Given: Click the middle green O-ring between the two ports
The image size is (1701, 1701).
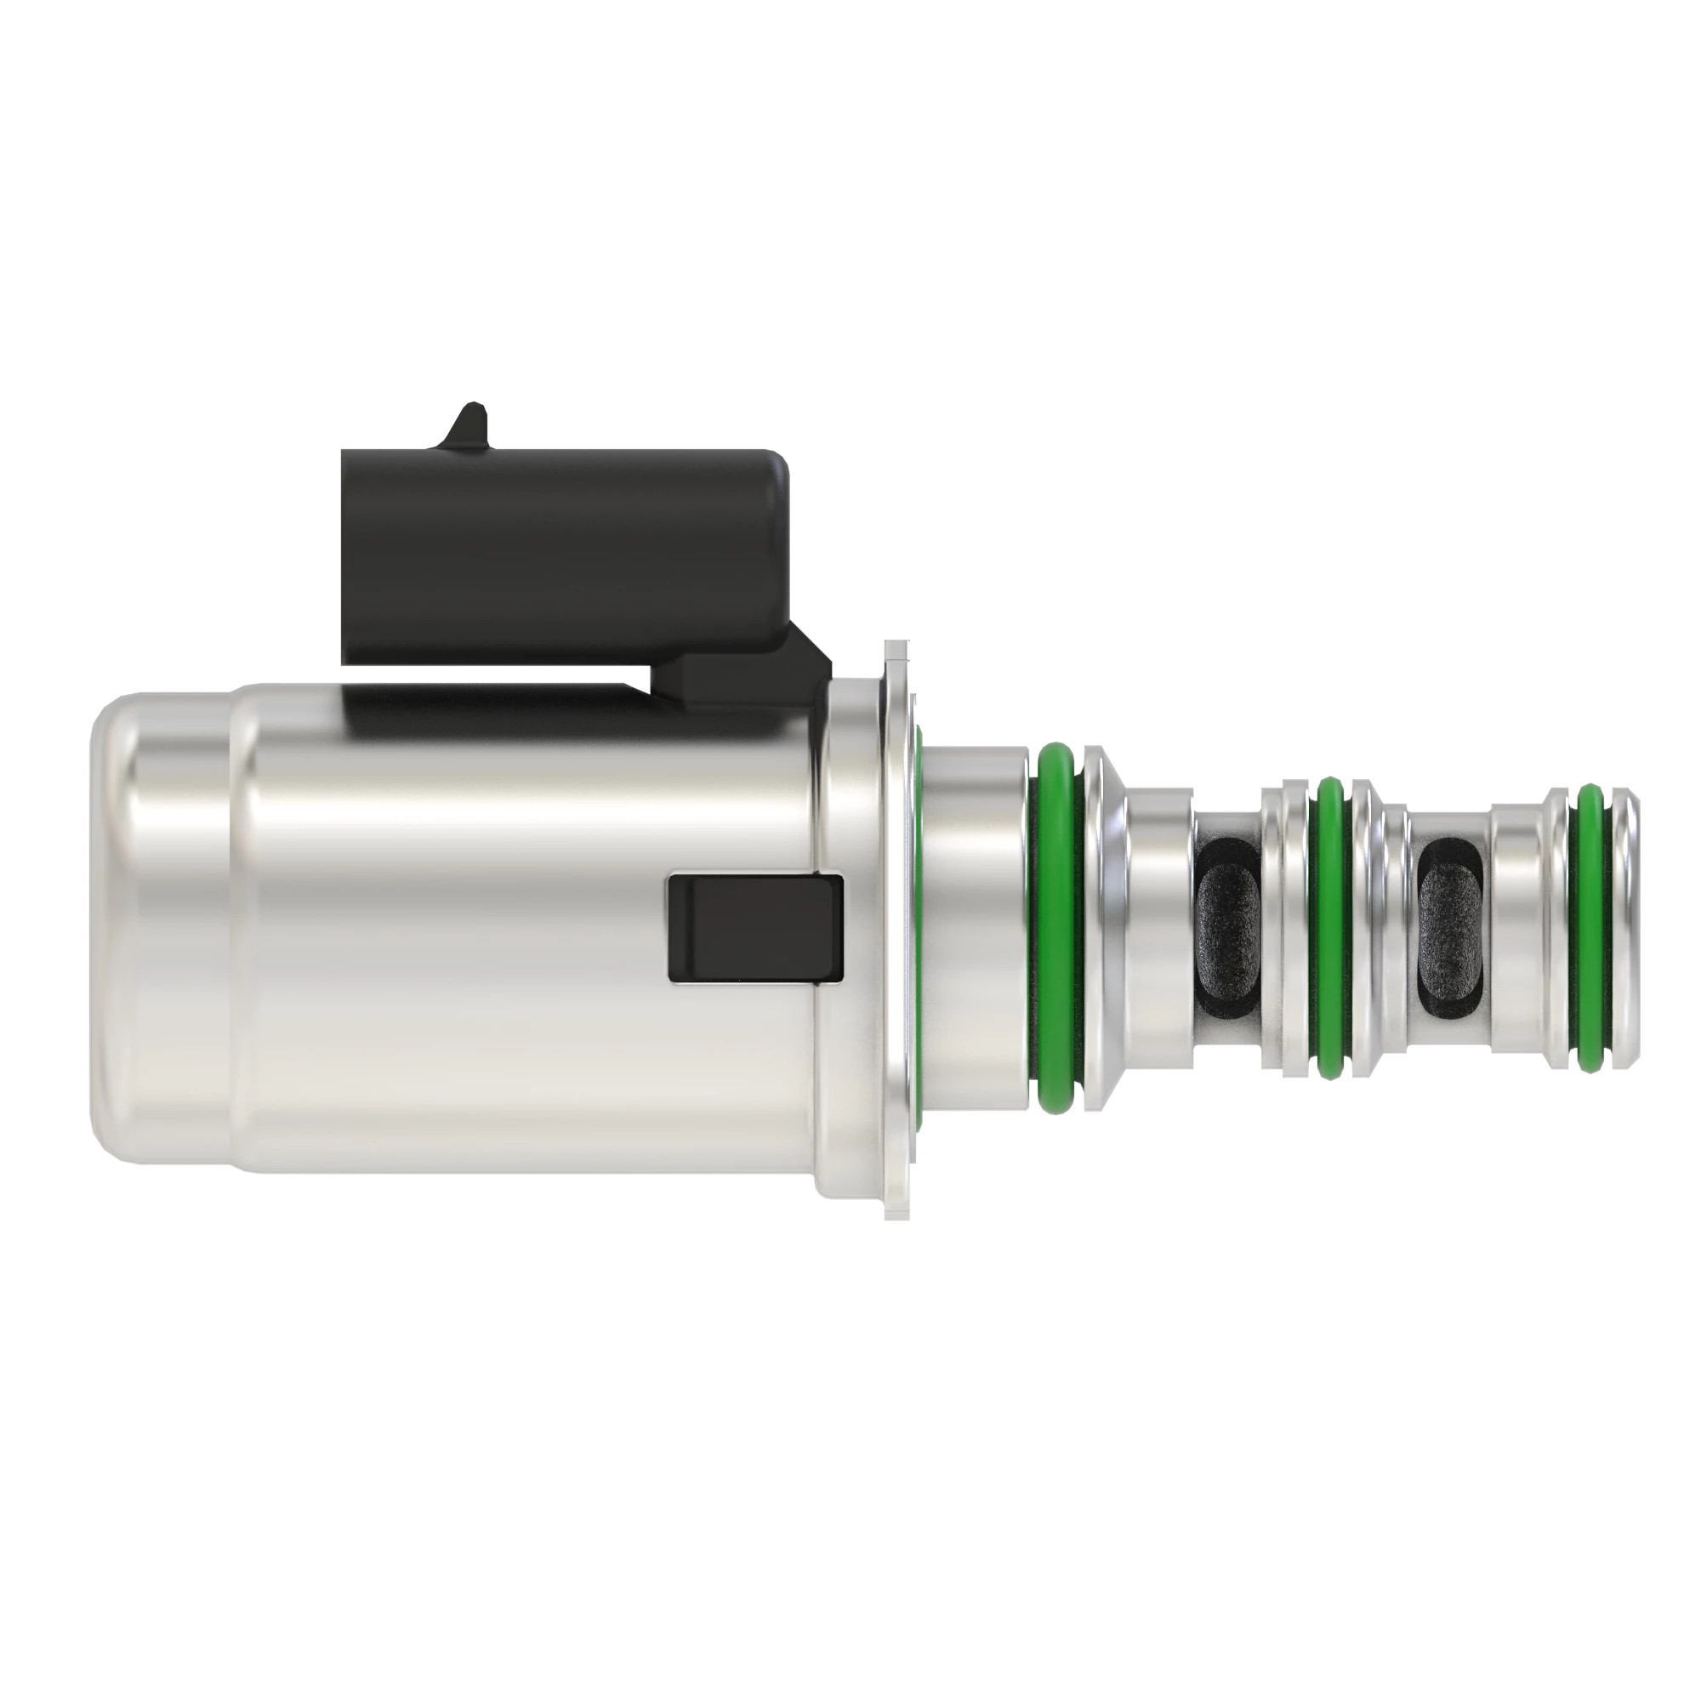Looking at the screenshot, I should point(1329,924).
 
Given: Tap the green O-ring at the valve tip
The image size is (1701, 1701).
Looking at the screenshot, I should point(1590,924).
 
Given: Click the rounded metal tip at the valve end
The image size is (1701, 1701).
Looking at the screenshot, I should point(1629,924).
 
